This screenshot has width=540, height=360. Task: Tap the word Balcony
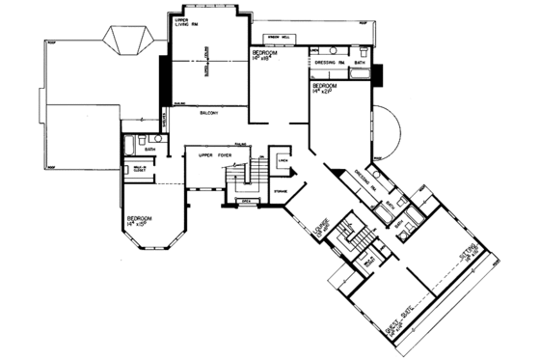tap(209, 114)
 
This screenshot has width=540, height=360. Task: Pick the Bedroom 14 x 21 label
tap(323, 90)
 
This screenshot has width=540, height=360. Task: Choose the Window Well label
tap(279, 35)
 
